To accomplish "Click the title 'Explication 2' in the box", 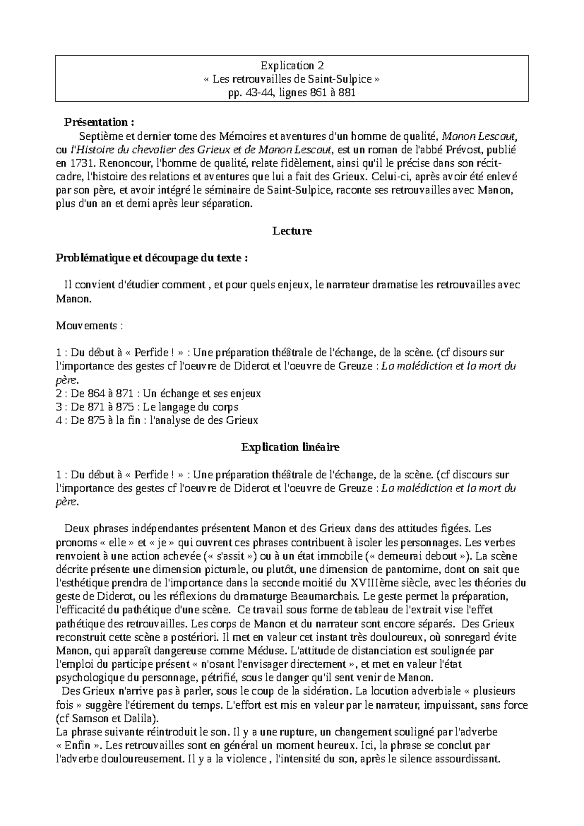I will click(292, 65).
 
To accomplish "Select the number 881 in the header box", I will click(347, 92).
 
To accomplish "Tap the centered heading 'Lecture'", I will click(292, 231).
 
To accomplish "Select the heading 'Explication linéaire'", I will click(291, 447).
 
